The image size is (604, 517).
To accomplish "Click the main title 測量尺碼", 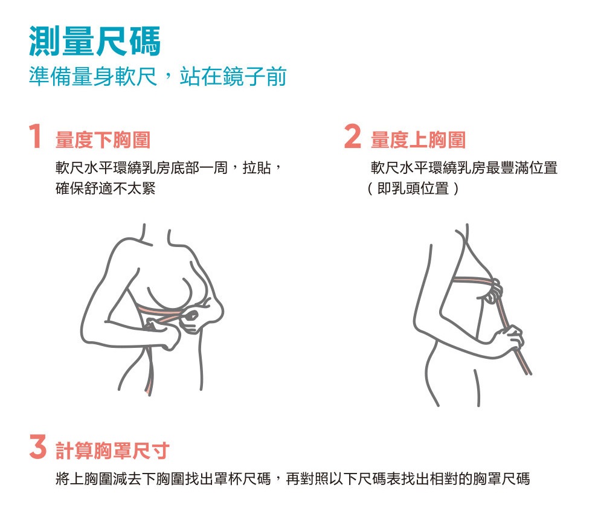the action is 95,41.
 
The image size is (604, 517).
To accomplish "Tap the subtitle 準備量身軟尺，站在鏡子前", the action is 158,76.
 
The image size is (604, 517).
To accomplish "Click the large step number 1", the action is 36,136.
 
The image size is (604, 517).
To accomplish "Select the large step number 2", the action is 353,136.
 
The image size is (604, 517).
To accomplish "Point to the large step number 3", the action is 37,446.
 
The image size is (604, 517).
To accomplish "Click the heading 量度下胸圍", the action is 103,140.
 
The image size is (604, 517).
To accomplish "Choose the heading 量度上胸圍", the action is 419,140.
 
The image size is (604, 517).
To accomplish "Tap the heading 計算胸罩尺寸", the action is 112,451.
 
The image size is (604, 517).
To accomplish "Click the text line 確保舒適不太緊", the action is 105,188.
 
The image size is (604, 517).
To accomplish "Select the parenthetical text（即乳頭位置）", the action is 413,188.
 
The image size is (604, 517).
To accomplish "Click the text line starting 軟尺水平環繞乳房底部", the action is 169,167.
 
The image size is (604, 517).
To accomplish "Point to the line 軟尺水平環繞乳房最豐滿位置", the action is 464,167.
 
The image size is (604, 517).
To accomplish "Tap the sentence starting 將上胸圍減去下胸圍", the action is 293,478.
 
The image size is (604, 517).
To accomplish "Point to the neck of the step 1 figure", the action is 156,234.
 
